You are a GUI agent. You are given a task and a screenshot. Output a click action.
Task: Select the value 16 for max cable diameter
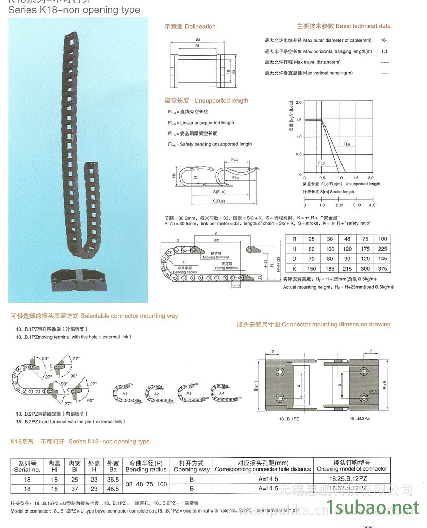coord(383,40)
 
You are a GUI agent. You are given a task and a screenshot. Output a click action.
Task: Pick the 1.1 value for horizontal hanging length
coord(384,52)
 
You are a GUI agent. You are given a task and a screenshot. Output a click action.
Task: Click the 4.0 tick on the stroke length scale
coord(372,205)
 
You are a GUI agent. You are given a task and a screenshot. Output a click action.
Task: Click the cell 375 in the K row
coord(382,269)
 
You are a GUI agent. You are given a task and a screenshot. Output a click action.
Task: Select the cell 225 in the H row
coord(382,249)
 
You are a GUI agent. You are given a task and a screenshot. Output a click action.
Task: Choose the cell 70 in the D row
coord(311,259)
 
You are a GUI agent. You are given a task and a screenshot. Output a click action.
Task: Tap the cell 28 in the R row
coord(311,239)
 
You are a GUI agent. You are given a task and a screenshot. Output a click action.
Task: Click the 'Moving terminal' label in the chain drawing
coord(216,257)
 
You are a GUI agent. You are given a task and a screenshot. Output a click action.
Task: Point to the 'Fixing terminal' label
coord(227,268)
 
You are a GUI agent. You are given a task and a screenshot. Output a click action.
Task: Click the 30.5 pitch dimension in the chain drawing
coord(236,285)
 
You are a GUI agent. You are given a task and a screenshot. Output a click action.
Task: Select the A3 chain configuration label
coord(189,393)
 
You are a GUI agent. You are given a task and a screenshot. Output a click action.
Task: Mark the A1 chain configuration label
coord(124,393)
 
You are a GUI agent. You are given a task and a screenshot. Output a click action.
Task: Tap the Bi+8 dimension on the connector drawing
coord(385,384)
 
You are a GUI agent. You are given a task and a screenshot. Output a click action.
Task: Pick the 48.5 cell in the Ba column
coord(113,488)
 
